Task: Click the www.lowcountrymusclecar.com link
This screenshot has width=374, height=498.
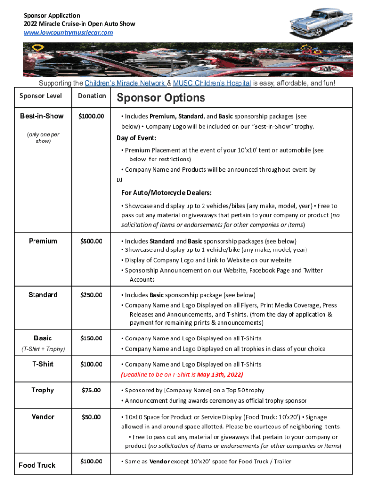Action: [68, 32]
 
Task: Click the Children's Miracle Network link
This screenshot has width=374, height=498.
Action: [124, 83]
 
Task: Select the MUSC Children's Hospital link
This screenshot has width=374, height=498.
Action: [212, 83]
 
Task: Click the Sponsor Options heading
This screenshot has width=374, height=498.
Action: [161, 98]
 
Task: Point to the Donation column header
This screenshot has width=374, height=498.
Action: [92, 96]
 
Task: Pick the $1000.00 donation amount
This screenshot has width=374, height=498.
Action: [91, 116]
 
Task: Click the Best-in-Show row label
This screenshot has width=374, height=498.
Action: [42, 116]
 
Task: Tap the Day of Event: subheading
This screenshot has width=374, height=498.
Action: [136, 138]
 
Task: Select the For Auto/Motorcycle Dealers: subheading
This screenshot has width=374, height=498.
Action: [167, 193]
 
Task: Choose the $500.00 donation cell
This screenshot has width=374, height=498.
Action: [91, 241]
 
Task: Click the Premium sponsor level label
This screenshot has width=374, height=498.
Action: [43, 241]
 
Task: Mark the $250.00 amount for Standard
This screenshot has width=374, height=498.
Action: [91, 295]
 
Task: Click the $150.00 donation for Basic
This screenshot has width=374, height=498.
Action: [91, 338]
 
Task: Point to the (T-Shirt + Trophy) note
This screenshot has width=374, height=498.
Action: [44, 349]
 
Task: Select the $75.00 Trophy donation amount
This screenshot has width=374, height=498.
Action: [91, 391]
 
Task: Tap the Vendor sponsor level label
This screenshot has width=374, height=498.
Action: [43, 417]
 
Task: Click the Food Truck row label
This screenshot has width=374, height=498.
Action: [37, 465]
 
